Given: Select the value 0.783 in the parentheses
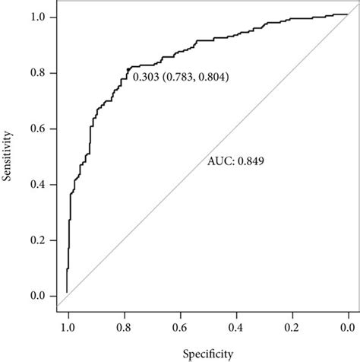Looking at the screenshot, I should pyautogui.click(x=180, y=77).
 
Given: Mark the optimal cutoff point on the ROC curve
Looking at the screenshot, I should pyautogui.click(x=128, y=71).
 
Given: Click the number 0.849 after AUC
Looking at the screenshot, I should pyautogui.click(x=250, y=161).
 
